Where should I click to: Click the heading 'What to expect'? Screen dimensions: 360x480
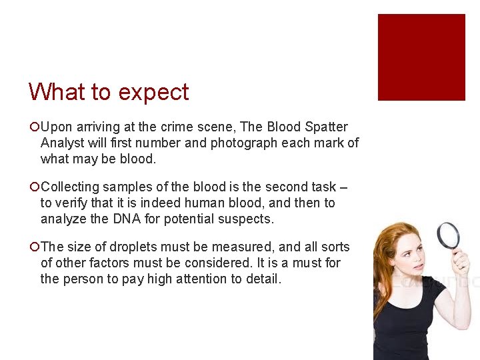(109, 92)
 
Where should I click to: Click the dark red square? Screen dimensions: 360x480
(421, 57)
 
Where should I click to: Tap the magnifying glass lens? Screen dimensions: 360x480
(447, 235)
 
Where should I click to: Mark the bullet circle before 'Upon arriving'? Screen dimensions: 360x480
(34, 127)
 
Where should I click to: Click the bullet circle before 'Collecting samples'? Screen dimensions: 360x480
(34, 187)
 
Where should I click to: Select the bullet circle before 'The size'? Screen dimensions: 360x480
(34, 247)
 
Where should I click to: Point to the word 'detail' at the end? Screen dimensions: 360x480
(263, 279)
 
